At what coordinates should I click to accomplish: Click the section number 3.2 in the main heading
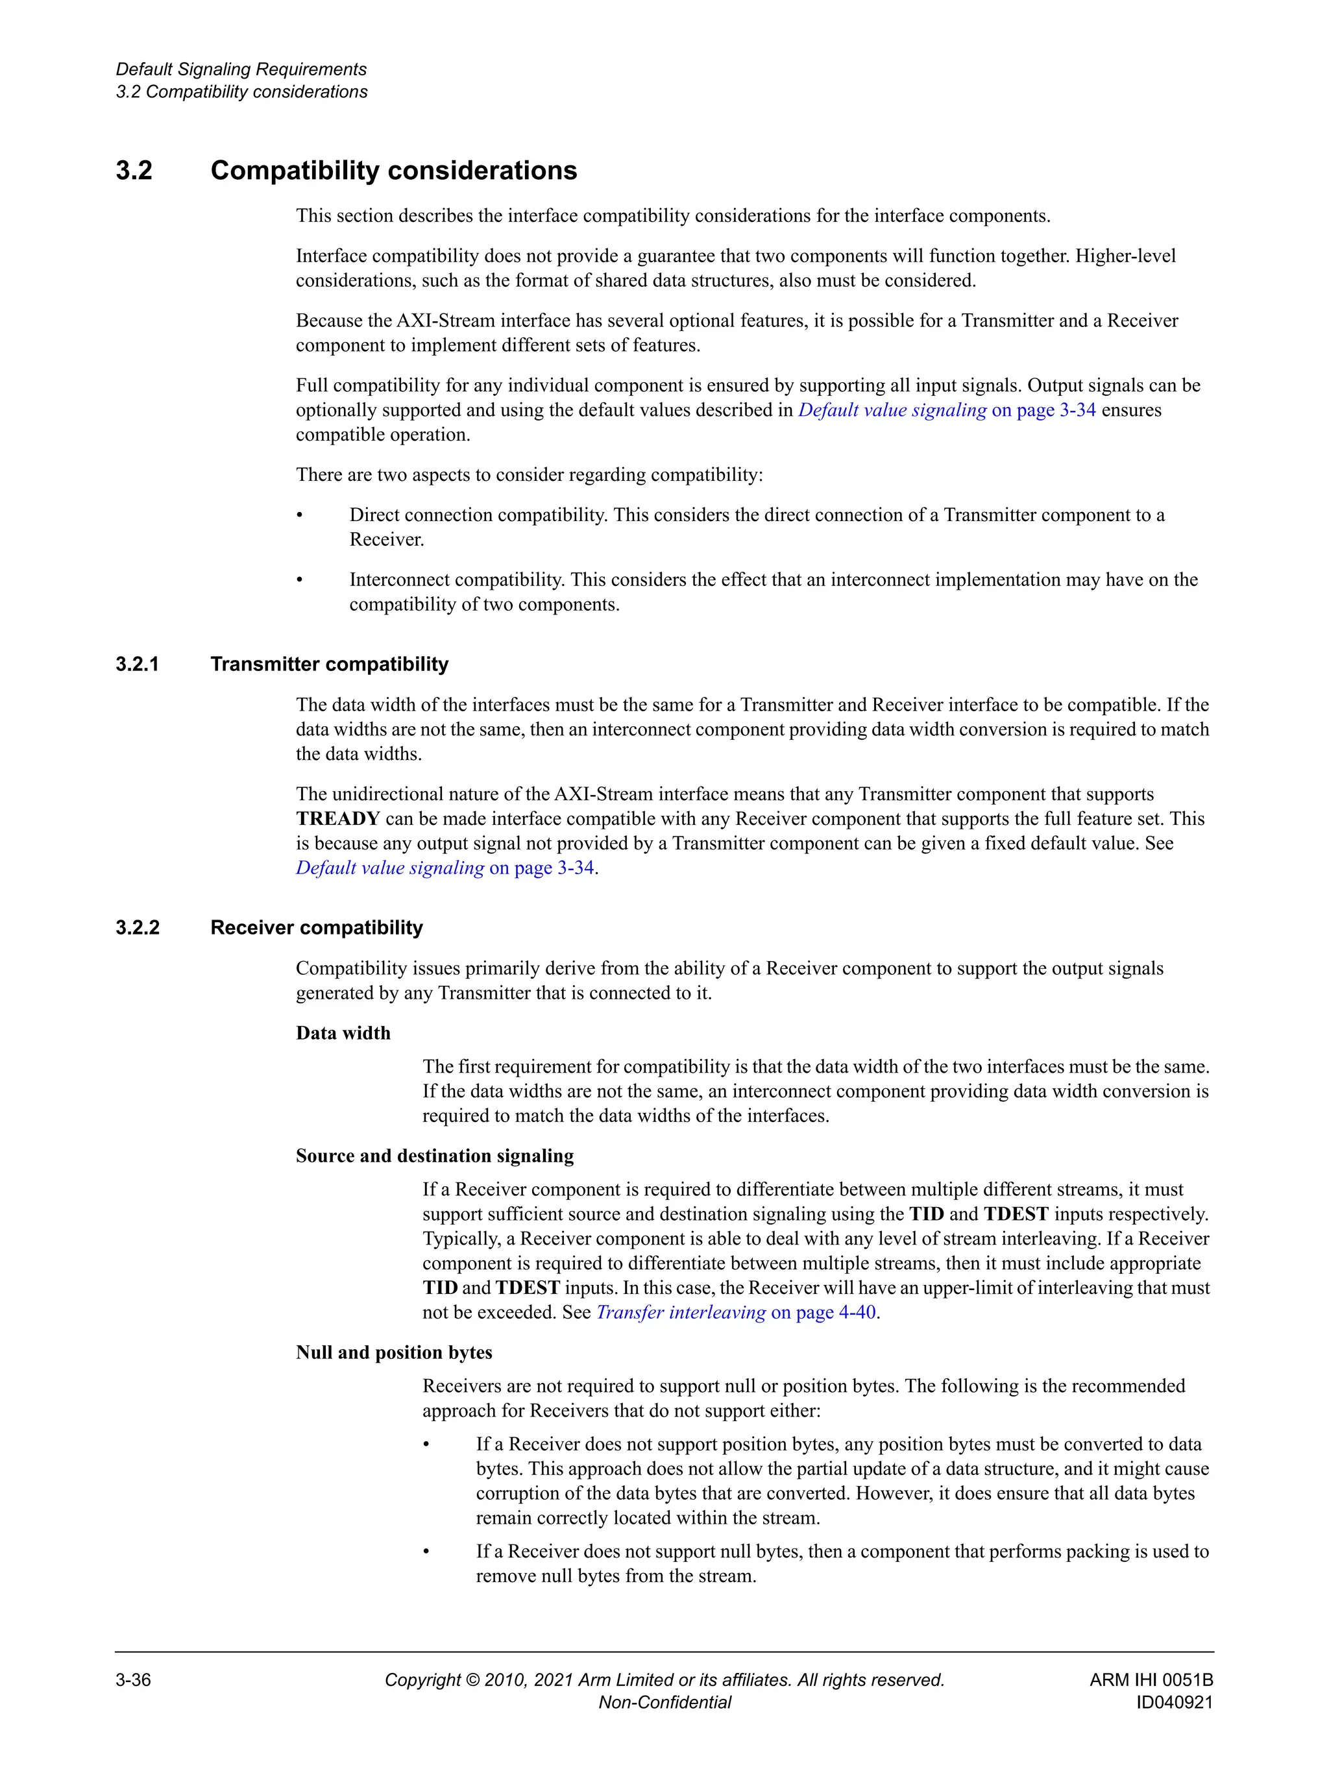134,170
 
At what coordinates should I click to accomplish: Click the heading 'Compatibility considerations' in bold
393,170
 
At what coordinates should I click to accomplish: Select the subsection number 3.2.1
138,664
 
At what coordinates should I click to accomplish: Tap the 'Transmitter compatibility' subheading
330,664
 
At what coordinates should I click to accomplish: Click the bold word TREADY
337,818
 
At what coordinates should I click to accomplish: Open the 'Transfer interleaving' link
681,1312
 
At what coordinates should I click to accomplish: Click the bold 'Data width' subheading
343,1032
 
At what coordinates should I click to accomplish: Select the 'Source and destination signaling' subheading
435,1156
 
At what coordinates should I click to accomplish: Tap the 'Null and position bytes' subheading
394,1352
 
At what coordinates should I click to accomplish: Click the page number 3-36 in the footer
134,1679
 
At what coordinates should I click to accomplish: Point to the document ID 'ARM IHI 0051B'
1151,1679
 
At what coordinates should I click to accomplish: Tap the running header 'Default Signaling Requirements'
241,69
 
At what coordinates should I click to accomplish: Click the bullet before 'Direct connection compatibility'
300,516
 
